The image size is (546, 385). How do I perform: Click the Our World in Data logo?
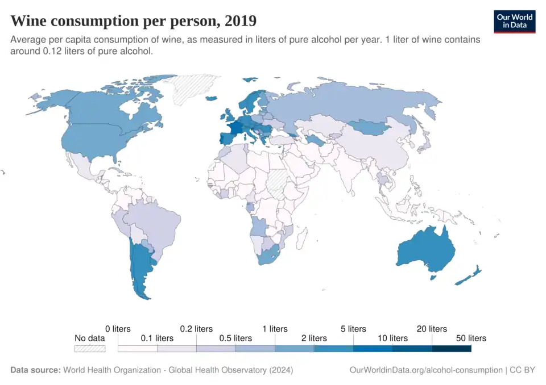pos(515,21)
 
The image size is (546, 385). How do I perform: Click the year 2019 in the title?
pos(241,21)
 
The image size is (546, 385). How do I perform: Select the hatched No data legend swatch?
pos(90,349)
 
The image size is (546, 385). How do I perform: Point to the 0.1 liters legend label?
pos(156,338)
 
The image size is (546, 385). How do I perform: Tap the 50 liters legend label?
pos(471,338)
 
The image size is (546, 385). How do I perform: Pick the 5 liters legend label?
pos(353,329)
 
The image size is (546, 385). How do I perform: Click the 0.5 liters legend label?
pos(235,338)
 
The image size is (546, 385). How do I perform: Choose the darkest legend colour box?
pos(452,349)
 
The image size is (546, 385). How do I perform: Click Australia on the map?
pos(424,250)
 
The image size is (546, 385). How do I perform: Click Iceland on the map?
pos(210,98)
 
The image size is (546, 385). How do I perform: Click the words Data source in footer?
pos(35,370)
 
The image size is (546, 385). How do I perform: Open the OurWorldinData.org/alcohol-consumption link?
pos(426,370)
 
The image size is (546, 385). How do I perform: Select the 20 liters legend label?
pos(432,329)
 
